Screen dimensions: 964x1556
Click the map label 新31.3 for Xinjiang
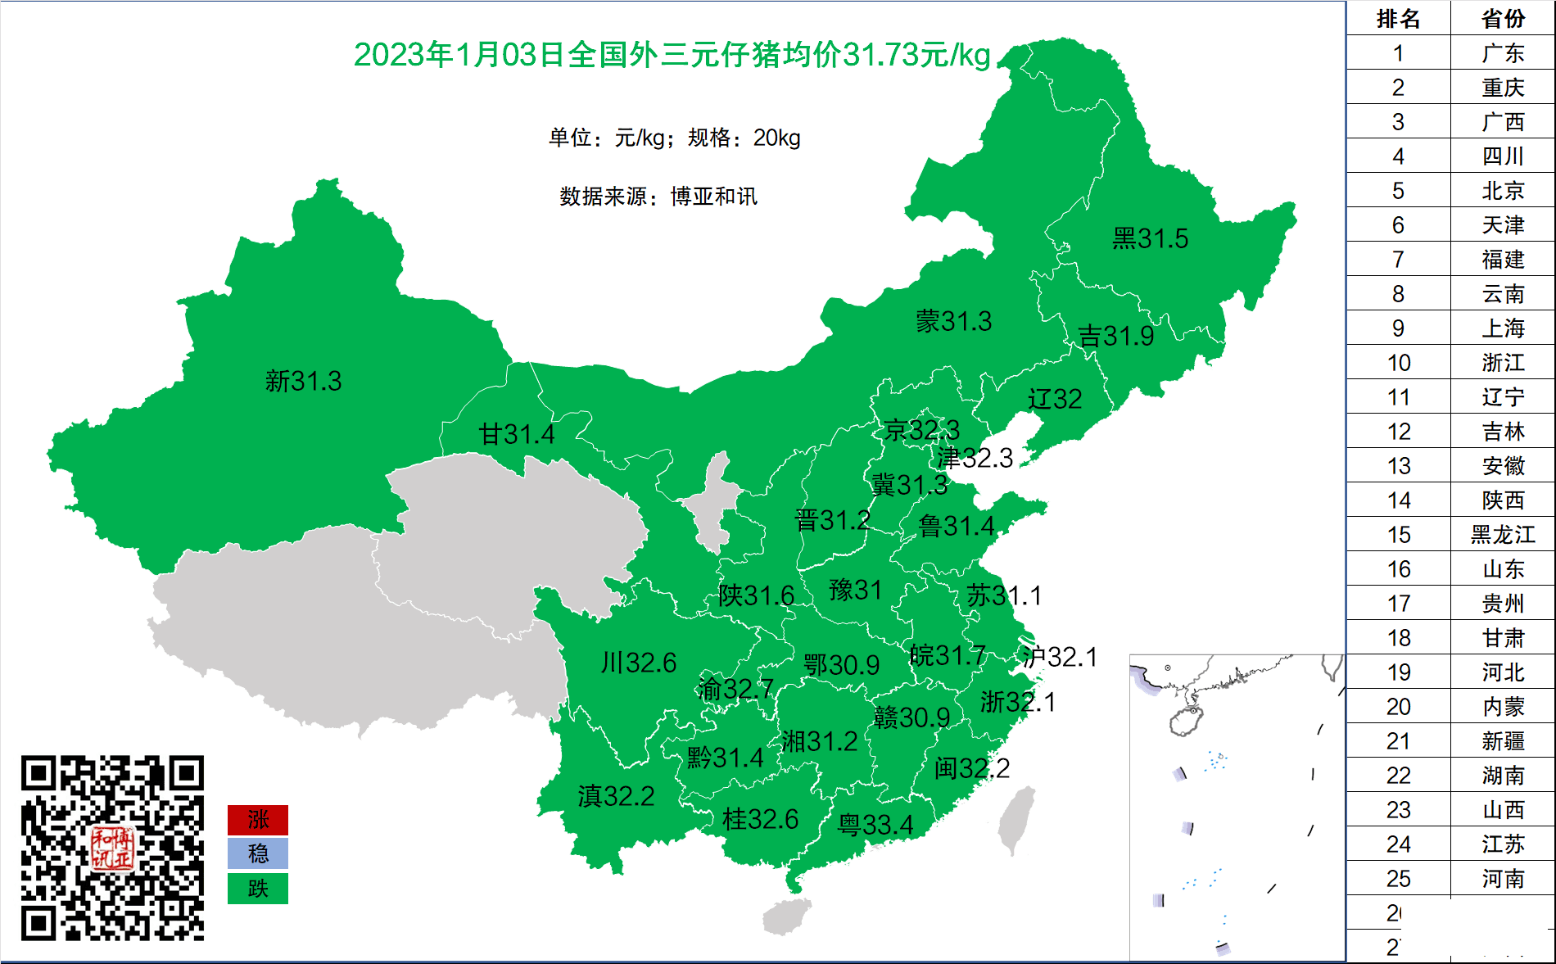(x=303, y=382)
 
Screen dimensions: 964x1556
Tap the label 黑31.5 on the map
(x=1150, y=239)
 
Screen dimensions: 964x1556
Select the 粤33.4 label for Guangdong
(x=875, y=825)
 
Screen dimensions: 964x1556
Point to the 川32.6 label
(x=638, y=663)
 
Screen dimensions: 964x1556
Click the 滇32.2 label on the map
(x=616, y=796)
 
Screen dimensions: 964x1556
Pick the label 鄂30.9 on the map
(x=841, y=665)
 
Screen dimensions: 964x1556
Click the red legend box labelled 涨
(x=257, y=820)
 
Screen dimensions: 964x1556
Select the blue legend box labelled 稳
(x=257, y=854)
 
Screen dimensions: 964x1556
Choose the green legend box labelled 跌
(x=257, y=889)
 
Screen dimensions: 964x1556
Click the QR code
(x=112, y=848)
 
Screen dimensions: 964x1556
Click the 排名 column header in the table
(x=1398, y=19)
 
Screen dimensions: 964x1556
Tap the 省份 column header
(x=1503, y=19)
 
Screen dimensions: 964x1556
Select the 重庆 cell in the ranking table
(x=1503, y=88)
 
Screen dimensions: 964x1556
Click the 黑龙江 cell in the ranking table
(x=1503, y=535)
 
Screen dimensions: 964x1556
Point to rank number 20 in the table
(x=1398, y=707)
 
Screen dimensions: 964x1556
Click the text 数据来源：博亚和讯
(x=658, y=197)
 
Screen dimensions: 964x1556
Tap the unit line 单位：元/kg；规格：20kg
(x=674, y=138)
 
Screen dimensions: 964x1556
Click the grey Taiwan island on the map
(x=1016, y=819)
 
